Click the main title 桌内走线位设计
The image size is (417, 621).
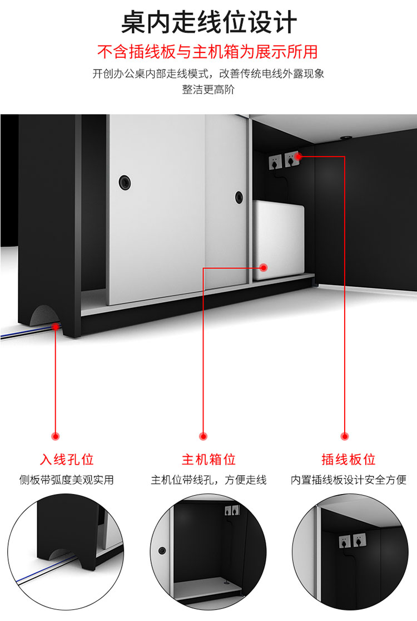click(x=209, y=22)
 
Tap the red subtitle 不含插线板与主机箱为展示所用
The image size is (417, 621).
click(x=207, y=52)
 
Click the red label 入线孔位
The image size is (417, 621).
click(x=67, y=459)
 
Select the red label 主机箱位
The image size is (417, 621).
click(x=209, y=459)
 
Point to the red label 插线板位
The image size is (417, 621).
click(x=348, y=459)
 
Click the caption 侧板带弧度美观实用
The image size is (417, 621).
click(x=66, y=480)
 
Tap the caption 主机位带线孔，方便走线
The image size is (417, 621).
click(x=209, y=480)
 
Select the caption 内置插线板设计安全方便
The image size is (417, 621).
click(x=348, y=480)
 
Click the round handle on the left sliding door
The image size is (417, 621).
click(x=125, y=182)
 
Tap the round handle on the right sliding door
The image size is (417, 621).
click(x=239, y=197)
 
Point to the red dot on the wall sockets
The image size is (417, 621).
click(x=299, y=157)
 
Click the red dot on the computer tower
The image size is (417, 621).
click(x=264, y=268)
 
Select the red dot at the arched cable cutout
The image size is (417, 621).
click(x=56, y=327)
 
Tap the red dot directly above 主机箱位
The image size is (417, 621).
click(x=203, y=437)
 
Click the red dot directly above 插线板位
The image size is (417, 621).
click(x=345, y=437)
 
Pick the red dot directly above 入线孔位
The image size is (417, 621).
click(x=56, y=437)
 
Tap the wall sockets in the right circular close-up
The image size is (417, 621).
click(x=352, y=541)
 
